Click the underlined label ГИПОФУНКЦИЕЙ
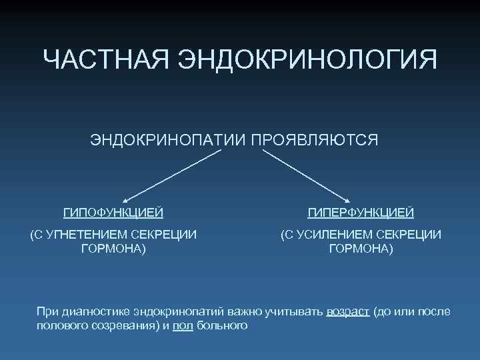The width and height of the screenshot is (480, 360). click(113, 213)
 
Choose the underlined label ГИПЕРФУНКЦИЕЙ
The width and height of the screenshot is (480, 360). click(361, 213)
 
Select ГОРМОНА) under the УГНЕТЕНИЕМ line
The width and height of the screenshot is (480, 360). click(113, 249)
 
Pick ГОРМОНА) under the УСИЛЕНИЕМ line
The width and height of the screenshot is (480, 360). click(361, 249)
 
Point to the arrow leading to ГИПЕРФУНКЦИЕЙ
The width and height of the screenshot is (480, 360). click(307, 175)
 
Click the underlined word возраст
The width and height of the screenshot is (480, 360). click(348, 312)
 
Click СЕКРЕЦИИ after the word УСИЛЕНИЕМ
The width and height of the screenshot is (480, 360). click(409, 234)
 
